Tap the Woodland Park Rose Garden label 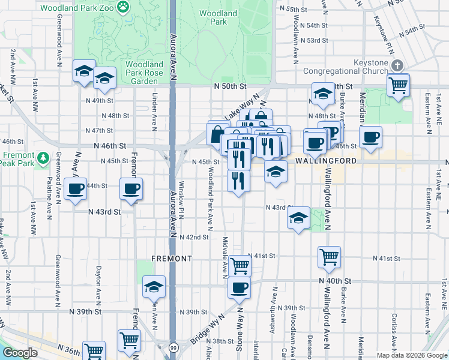pos(144,73)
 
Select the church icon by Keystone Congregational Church pos(396,65)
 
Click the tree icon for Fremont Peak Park pos(42,158)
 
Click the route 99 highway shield pos(173,348)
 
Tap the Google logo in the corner pos(20,353)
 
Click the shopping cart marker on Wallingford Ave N pos(329,257)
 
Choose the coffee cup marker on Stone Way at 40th pos(239,287)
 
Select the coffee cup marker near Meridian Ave pos(371,137)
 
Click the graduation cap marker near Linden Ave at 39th pos(154,287)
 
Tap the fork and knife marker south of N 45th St pos(238,179)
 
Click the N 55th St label pos(293,10)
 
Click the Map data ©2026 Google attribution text pos(411,355)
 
